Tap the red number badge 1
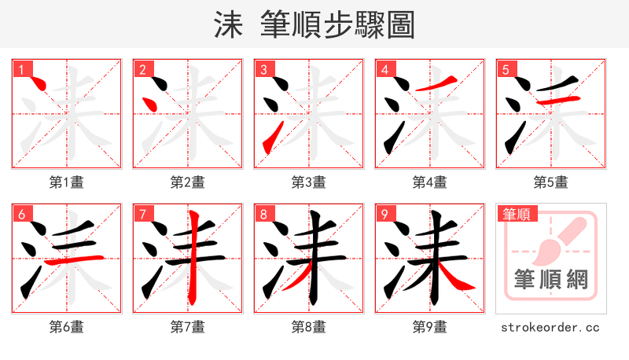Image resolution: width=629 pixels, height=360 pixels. tap(20, 69)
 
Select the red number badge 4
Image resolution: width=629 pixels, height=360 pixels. tap(384, 69)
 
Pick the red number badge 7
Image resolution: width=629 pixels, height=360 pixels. tap(142, 214)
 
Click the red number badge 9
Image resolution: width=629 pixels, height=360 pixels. tap(384, 214)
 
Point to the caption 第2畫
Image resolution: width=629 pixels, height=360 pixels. tap(187, 182)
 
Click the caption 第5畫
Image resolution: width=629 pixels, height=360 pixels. tap(550, 182)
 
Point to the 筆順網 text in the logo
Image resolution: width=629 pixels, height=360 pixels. tap(550, 280)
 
